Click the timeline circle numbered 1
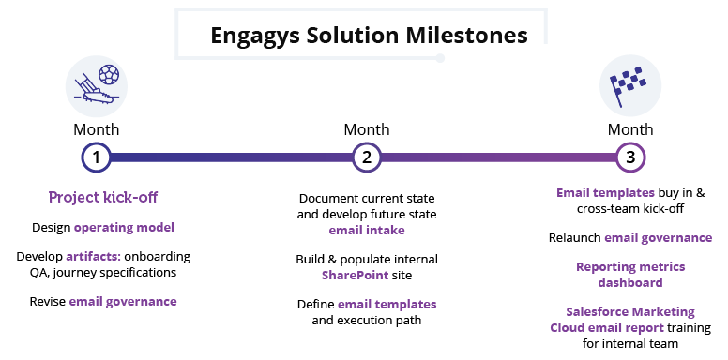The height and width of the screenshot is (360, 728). point(96,157)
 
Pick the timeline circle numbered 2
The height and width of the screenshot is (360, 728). point(366,157)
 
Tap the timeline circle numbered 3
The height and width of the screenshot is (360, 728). point(630,157)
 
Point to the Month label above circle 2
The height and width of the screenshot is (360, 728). point(366,129)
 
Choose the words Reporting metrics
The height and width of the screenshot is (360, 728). point(629,266)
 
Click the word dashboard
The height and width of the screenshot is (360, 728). point(629,282)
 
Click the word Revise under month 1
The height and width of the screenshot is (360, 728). point(47,301)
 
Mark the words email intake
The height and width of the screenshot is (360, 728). point(366,231)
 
